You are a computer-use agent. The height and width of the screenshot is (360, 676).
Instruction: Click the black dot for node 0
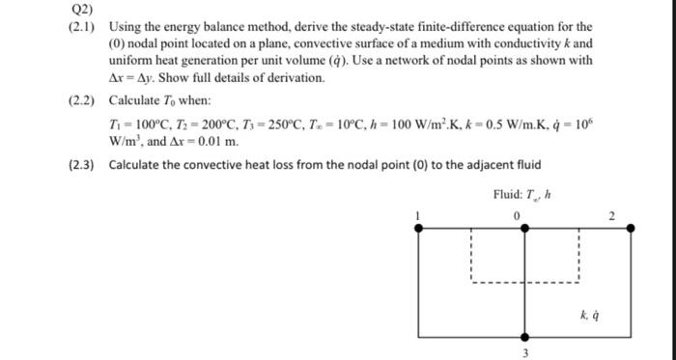click(524, 228)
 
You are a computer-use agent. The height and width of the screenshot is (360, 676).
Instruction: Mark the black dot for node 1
click(418, 228)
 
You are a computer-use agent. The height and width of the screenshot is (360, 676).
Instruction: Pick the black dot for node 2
click(632, 228)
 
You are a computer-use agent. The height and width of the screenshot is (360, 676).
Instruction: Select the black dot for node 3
click(524, 337)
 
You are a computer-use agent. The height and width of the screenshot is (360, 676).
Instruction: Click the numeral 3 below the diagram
click(524, 352)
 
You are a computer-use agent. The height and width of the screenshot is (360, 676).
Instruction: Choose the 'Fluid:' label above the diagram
click(508, 193)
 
